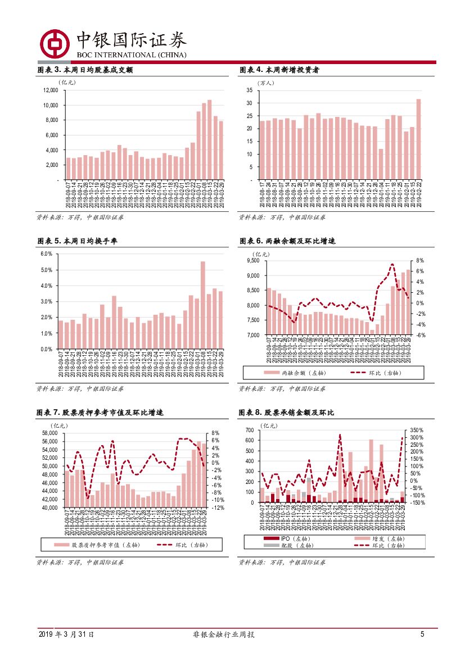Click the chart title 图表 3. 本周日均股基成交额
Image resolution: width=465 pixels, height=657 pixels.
coord(85,70)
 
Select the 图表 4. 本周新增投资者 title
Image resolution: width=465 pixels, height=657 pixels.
coord(280,70)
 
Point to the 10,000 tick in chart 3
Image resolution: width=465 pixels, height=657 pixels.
coord(51,105)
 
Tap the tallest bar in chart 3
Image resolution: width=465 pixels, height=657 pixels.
coord(209,140)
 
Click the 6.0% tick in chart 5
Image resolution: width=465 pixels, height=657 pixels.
coord(46,254)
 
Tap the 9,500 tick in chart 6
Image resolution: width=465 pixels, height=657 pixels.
coord(252,261)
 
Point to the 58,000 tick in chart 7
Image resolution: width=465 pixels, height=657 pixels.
coord(50,433)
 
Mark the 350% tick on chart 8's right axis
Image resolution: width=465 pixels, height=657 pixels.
coord(417,430)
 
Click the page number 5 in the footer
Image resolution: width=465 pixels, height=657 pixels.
coord(422,635)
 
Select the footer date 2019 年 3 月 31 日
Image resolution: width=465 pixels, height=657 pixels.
coord(66,635)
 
